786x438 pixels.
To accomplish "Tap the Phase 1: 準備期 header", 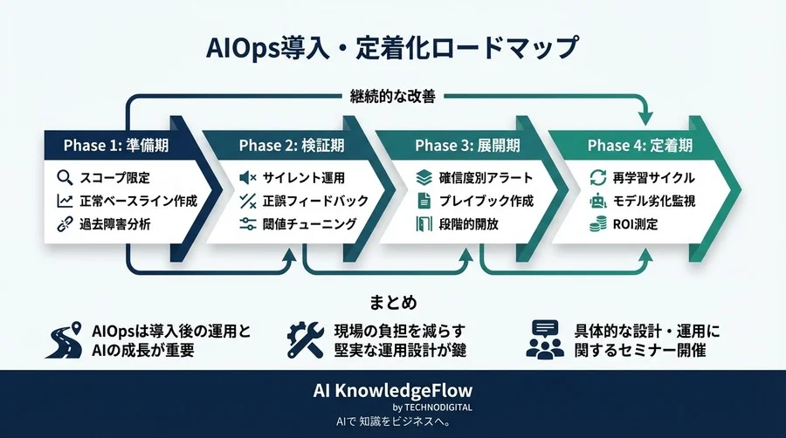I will pyautogui.click(x=116, y=145).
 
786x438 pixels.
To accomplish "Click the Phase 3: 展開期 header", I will pyautogui.click(x=467, y=145).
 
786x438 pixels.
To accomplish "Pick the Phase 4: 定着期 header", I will pyautogui.click(x=639, y=145).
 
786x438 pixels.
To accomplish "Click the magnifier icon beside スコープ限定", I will pyautogui.click(x=64, y=178).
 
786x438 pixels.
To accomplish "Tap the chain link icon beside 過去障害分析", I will pyautogui.click(x=64, y=224).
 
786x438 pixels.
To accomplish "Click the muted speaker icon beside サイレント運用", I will pyautogui.click(x=247, y=178).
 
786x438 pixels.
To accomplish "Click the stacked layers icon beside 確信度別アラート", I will pyautogui.click(x=424, y=178).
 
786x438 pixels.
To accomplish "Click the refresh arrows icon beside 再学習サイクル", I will pyautogui.click(x=598, y=178).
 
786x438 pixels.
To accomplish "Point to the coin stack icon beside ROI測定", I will pyautogui.click(x=598, y=224).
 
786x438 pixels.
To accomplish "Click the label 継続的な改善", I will pyautogui.click(x=392, y=98).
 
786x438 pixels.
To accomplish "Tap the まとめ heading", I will pyautogui.click(x=392, y=301).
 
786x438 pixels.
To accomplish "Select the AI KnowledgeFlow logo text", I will pyautogui.click(x=392, y=391).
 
